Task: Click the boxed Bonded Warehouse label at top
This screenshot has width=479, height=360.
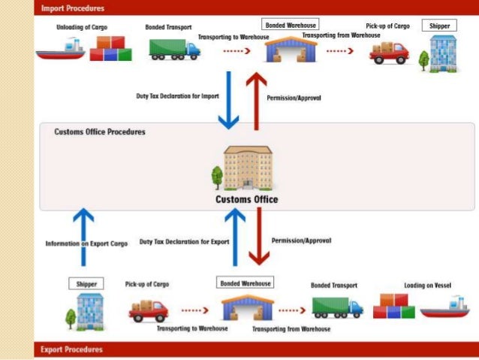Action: [291, 26]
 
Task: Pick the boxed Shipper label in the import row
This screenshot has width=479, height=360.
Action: [440, 26]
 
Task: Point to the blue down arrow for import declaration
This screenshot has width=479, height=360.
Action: [227, 98]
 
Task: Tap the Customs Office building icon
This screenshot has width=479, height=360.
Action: [247, 168]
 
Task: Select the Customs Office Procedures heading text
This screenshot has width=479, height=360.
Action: [100, 132]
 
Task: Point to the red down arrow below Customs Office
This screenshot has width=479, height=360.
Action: [259, 237]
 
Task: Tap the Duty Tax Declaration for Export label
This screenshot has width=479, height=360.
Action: [184, 242]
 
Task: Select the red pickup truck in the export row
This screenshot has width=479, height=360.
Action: [149, 310]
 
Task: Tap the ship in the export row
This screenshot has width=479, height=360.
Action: [444, 306]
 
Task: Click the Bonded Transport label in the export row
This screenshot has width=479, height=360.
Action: [333, 286]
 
